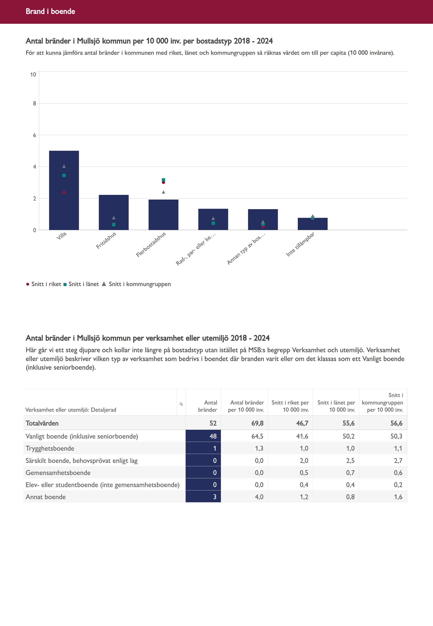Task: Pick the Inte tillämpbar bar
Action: pos(313,225)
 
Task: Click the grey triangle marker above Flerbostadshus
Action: pos(163,192)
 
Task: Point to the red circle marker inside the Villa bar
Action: pos(64,192)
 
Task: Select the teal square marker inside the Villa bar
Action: pos(64,176)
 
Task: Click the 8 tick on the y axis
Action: pos(34,103)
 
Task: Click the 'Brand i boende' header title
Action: pos(50,11)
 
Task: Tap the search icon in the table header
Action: pos(181,404)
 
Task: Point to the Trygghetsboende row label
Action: pos(50,448)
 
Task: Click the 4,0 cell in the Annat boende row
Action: pos(259,497)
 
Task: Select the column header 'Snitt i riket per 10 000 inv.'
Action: pos(290,406)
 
